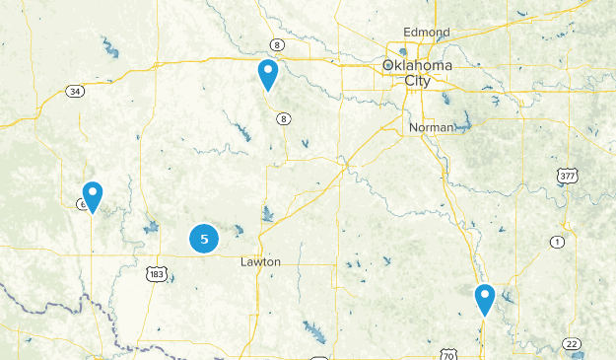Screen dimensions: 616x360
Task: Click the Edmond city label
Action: (x=426, y=33)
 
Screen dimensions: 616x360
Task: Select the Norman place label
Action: (x=432, y=127)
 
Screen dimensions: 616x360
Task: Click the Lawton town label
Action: (x=260, y=262)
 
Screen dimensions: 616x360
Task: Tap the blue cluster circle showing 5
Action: (x=204, y=238)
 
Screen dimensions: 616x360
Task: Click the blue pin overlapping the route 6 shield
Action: (x=93, y=195)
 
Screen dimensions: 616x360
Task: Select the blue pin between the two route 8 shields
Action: (x=267, y=74)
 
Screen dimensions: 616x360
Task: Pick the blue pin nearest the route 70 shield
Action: (x=484, y=298)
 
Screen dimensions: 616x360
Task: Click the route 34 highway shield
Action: (x=75, y=91)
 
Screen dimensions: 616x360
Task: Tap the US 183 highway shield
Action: (x=155, y=273)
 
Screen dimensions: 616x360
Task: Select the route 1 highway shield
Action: (x=557, y=242)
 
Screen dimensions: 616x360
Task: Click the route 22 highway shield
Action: (x=572, y=342)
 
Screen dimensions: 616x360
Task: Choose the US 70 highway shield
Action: (x=448, y=352)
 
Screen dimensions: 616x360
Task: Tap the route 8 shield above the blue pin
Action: (x=279, y=45)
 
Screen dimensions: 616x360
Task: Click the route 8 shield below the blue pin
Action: (x=284, y=118)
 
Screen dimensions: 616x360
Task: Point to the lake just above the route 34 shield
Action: (x=106, y=47)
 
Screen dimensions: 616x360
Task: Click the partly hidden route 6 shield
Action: (x=81, y=204)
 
